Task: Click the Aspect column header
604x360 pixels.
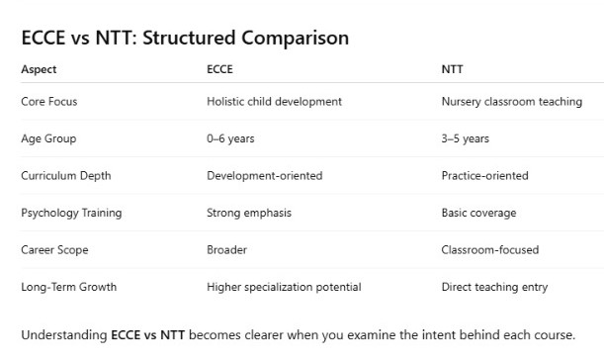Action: click(39, 69)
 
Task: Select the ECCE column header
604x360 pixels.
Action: click(219, 69)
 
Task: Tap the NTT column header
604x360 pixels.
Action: click(452, 69)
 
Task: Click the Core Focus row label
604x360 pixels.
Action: click(48, 102)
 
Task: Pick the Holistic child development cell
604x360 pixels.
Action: click(274, 102)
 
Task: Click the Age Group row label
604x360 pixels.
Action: click(48, 138)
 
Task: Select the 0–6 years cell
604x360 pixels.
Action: click(230, 138)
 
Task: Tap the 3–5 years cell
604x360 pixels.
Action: click(465, 138)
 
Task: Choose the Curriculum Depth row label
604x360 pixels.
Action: click(65, 176)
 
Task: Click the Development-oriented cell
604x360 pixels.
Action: click(264, 176)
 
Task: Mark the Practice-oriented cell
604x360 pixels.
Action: click(484, 176)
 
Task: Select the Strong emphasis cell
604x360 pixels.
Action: click(249, 213)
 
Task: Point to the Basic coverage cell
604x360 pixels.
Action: click(478, 213)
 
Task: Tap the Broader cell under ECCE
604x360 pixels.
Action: click(226, 250)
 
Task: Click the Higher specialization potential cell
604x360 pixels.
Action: click(283, 287)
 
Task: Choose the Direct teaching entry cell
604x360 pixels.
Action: click(491, 287)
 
